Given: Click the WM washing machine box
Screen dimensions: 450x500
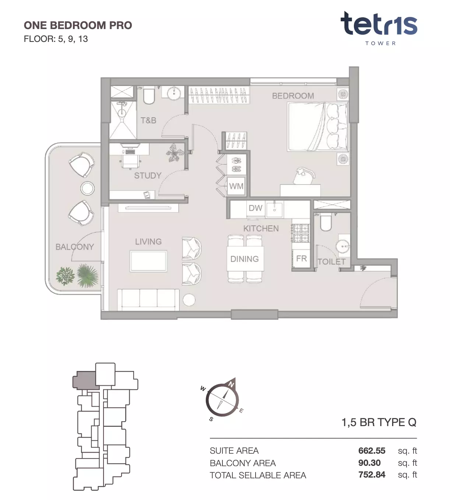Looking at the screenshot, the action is pos(236,186).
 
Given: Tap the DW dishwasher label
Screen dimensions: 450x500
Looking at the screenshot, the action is pos(256,208).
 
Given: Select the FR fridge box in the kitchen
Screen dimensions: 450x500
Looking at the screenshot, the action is pos(301,258).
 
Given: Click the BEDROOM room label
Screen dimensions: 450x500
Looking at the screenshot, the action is pos(293,96).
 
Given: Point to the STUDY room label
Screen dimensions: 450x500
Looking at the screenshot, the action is pos(148,175).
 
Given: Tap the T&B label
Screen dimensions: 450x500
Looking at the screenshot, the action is pos(148,120).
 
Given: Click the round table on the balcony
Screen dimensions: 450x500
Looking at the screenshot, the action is pos(87,188).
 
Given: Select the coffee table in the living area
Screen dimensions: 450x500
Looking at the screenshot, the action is pos(148,261).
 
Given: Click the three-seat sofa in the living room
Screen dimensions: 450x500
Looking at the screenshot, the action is pos(148,300).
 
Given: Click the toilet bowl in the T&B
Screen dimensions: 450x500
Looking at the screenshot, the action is pos(149,95).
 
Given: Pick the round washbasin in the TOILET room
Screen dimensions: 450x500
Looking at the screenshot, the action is pos(343,246).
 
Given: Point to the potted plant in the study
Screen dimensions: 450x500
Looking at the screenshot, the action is pos(175,153).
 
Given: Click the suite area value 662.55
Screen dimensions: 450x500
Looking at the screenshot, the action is pos(372,451).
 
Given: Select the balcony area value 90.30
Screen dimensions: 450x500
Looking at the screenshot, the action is pos(369,463).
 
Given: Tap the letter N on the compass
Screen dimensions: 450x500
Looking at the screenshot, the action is pos(231,384).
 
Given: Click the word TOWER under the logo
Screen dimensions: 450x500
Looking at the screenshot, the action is pos(380,43).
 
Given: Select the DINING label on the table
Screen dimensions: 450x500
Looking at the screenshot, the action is pos(244,259).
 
